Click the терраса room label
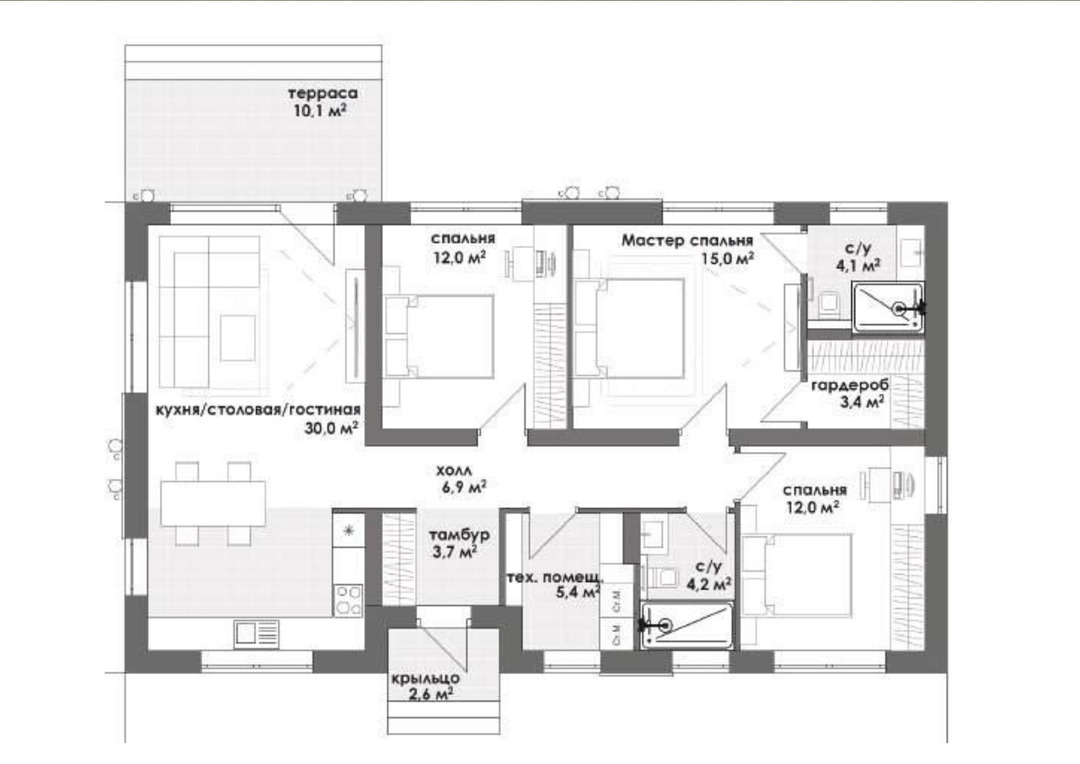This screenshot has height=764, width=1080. click(322, 93)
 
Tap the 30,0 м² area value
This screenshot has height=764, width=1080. click(331, 428)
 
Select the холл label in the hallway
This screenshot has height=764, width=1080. click(454, 471)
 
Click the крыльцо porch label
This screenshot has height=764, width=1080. click(426, 679)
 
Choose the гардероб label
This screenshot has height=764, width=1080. click(850, 386)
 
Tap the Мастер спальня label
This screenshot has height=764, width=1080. click(687, 240)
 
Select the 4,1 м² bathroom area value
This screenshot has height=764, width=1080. click(859, 265)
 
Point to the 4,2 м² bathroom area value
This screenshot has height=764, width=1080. click(709, 584)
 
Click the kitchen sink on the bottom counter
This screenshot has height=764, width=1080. click(256, 634)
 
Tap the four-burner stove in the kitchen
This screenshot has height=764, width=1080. click(348, 599)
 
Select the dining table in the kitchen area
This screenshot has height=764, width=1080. click(213, 503)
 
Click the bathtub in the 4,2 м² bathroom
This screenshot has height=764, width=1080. click(687, 626)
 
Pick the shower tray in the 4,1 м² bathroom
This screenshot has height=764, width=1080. click(888, 307)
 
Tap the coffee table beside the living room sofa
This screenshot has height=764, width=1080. click(238, 338)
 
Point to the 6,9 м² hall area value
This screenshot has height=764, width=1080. click(464, 488)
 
